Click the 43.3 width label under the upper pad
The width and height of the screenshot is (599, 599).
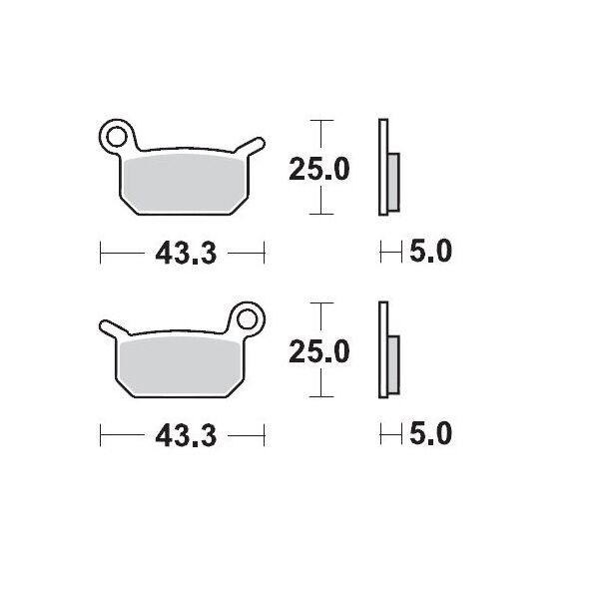tap(186, 254)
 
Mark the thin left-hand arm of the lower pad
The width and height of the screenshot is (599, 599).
tap(112, 328)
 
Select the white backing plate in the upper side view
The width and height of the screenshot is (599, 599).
tap(382, 168)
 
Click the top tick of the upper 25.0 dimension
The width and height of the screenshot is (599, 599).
tap(318, 121)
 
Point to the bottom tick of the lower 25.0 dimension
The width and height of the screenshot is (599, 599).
tap(318, 395)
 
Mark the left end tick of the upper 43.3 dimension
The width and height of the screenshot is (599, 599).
tap(102, 254)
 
